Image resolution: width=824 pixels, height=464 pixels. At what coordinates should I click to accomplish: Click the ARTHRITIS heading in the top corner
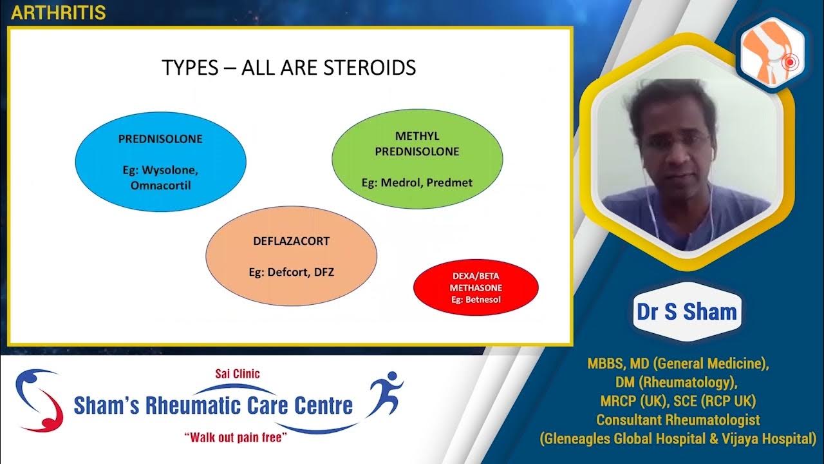59,13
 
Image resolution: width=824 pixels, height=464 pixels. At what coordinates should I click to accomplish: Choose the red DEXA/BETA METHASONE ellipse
476,287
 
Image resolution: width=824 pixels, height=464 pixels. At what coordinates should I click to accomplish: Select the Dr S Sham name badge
686,312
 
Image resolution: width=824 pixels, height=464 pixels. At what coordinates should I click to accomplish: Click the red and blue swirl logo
39,400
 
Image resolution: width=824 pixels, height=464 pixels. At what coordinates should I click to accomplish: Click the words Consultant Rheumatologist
678,420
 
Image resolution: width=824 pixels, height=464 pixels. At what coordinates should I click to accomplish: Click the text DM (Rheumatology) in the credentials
678,382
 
